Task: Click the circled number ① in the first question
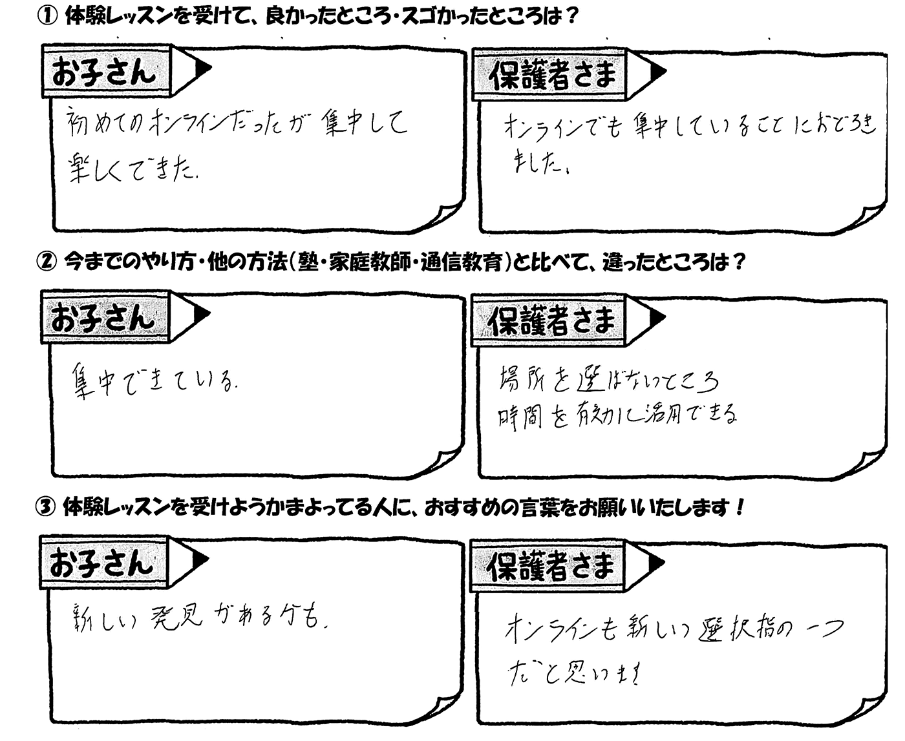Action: click(47, 17)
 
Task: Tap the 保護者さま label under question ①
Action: click(552, 76)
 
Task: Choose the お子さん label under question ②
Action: click(103, 317)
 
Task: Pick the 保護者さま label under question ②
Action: click(551, 321)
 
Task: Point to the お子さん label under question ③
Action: click(102, 563)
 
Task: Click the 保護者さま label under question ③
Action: click(549, 567)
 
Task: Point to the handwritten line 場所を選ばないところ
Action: click(608, 381)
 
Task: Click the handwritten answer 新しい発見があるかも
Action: click(197, 618)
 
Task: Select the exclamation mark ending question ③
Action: click(740, 508)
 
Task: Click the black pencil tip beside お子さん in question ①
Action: click(202, 67)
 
